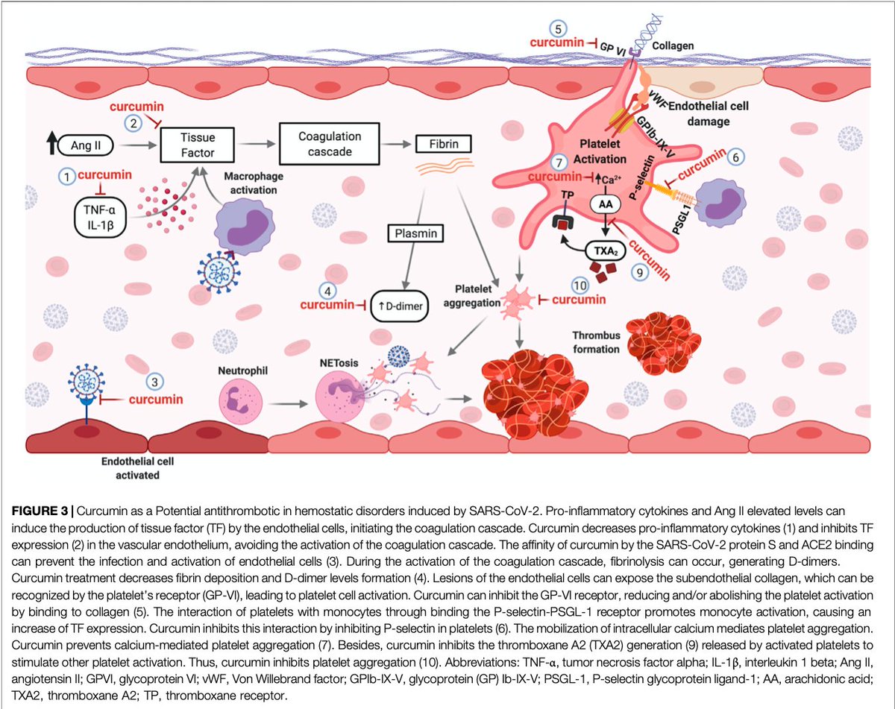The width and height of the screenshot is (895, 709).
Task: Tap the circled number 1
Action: tap(66, 177)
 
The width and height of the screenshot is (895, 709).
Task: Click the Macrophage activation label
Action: tap(249, 182)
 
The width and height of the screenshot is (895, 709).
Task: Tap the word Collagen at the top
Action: tap(672, 45)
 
